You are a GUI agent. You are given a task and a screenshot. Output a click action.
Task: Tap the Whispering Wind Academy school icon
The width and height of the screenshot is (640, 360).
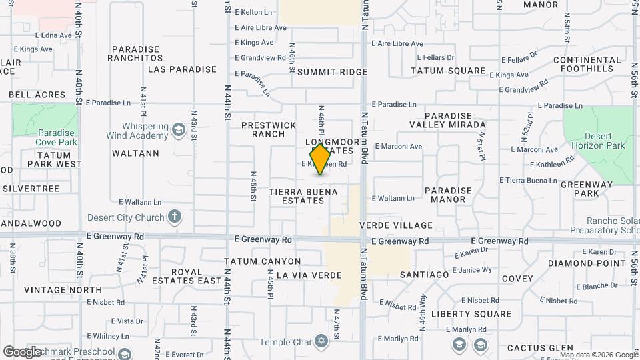pyautogui.click(x=178, y=129)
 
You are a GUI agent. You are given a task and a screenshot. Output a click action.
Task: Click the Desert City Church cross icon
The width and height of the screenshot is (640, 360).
pyautogui.click(x=175, y=217)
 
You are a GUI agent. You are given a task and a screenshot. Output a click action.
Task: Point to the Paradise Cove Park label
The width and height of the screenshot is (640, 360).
pyautogui.click(x=56, y=137)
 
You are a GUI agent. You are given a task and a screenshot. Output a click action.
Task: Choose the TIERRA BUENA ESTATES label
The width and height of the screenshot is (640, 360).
pyautogui.click(x=303, y=196)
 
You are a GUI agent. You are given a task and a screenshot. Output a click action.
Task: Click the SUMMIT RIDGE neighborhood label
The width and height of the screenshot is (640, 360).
pyautogui.click(x=332, y=72)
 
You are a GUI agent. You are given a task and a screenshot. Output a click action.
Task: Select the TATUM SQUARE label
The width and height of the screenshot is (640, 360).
pyautogui.click(x=447, y=71)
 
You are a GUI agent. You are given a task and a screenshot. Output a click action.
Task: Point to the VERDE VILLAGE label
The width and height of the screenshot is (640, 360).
pyautogui.click(x=405, y=225)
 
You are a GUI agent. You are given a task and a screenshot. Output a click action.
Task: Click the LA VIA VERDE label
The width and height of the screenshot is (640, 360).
pyautogui.click(x=309, y=275)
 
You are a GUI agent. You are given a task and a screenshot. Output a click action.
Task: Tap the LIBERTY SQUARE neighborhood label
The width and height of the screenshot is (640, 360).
pyautogui.click(x=471, y=314)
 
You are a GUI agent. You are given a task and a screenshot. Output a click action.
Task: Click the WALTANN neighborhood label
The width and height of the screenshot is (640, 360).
pyautogui.click(x=136, y=153)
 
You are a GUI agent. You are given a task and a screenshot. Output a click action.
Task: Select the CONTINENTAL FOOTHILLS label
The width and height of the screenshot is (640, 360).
pyautogui.click(x=583, y=65)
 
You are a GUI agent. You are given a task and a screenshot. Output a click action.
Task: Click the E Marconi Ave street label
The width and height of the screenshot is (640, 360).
pyautogui.click(x=399, y=147)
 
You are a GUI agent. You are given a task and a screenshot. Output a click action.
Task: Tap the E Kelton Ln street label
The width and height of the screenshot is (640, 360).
pyautogui.click(x=253, y=12)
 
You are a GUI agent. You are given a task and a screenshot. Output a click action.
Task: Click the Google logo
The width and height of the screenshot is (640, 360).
pyautogui.click(x=23, y=352)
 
